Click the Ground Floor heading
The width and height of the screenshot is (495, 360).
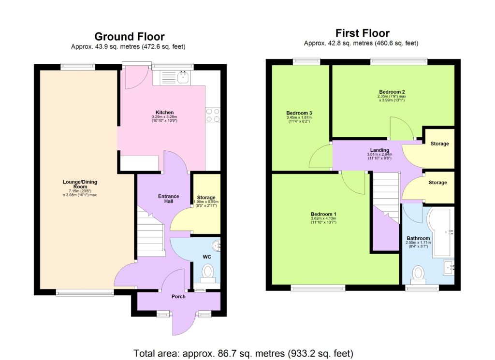point(129,37)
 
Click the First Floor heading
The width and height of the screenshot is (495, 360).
point(362,33)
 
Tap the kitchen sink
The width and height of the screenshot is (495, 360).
point(184,77)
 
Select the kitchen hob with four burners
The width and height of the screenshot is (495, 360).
point(213,115)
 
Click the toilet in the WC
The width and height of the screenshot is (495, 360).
point(208,273)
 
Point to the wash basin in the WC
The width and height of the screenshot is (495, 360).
point(217,245)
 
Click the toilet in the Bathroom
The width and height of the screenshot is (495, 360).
point(418,274)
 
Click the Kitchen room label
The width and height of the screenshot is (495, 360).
point(164,113)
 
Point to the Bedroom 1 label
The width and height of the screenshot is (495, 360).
point(323,214)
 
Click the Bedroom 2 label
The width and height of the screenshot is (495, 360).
point(392,92)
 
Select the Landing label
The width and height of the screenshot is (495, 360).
point(379,150)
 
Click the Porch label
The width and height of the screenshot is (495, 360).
point(178,296)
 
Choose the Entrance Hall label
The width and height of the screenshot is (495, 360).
point(169,199)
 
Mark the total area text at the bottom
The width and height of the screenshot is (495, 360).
point(243,353)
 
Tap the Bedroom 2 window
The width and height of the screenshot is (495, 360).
point(399,61)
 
